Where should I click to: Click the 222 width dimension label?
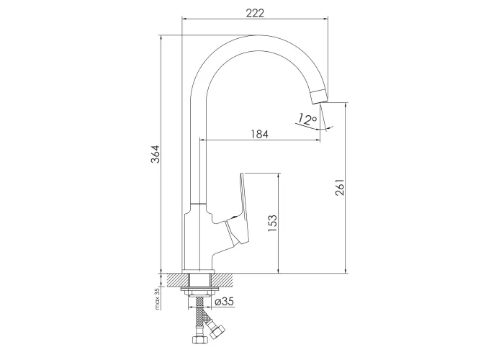click(255, 13)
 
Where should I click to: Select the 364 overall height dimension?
click(156, 154)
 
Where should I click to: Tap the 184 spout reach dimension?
click(259, 134)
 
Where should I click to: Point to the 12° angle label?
click(306, 119)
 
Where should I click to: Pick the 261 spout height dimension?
click(340, 187)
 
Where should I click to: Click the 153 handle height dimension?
click(272, 223)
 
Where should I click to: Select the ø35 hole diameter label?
click(225, 302)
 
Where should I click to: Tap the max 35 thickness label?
click(157, 299)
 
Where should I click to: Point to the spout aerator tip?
click(319, 96)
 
